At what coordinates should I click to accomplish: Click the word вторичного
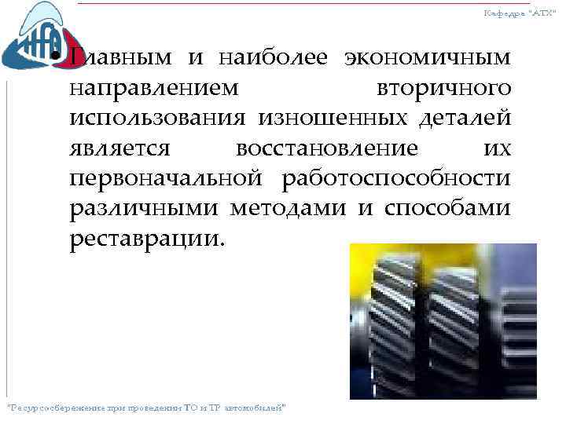tap(445, 87)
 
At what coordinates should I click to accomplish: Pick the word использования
tap(159, 118)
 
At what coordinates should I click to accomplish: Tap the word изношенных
tap(338, 118)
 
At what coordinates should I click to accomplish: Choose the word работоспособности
tap(394, 178)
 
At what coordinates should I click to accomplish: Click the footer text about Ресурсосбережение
tap(146, 408)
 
